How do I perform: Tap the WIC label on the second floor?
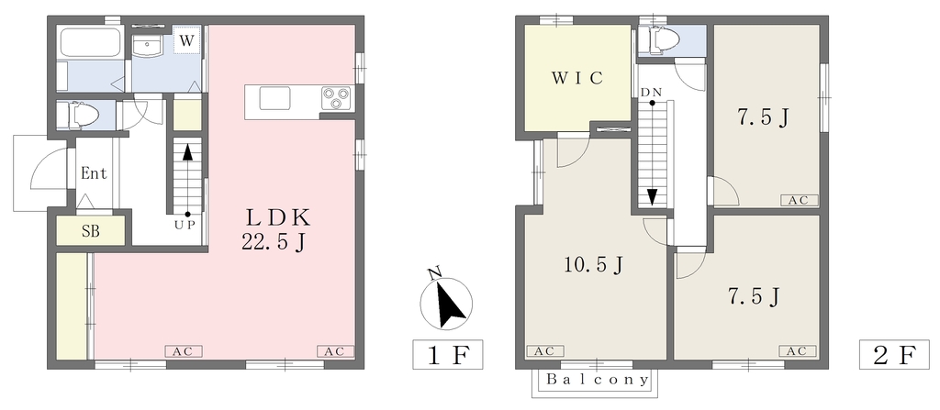point(576,78)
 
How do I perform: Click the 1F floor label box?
point(448,354)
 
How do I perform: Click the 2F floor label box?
point(894,354)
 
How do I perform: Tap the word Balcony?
point(598,380)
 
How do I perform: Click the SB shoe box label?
point(91,231)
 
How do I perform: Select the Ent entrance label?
point(95,174)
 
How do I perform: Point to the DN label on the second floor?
point(651,93)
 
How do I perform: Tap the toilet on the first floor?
point(76,115)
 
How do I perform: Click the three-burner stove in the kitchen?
point(334,98)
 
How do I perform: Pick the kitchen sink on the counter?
point(275,98)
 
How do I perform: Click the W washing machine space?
point(187,40)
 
